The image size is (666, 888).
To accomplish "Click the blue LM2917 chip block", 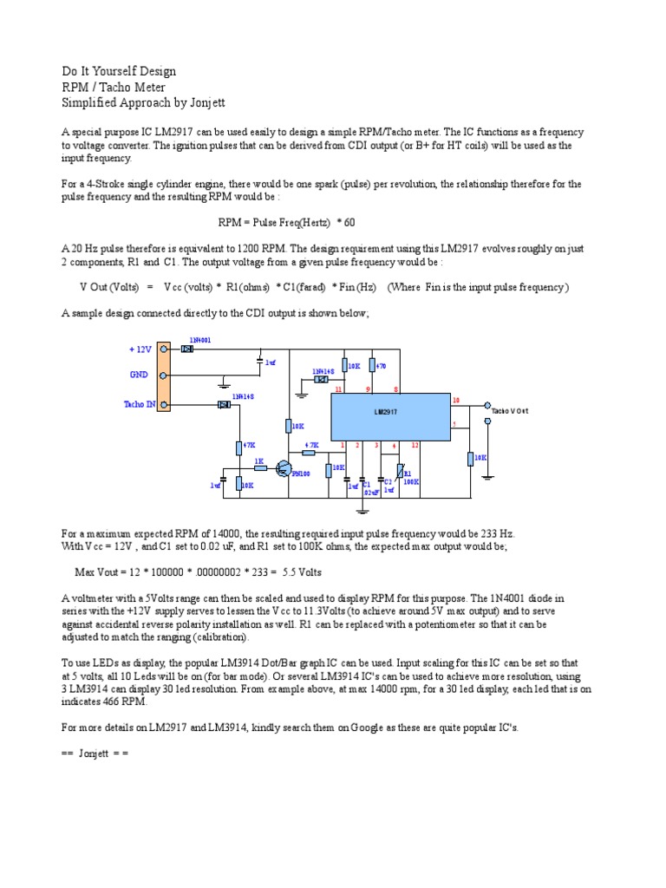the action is point(389,416).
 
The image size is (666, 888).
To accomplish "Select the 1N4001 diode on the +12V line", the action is point(187,349).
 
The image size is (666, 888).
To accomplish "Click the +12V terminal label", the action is point(140,349).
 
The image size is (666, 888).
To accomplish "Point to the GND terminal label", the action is point(139,375).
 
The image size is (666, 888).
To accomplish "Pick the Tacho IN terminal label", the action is point(140,404).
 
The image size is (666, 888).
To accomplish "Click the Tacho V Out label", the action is point(510,410).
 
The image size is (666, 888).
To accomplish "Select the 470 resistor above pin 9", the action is point(372,366).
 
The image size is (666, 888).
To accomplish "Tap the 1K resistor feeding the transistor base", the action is point(258,468).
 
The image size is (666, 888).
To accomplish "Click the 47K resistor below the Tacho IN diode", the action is point(238,447).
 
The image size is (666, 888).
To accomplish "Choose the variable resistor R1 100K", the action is point(400,471).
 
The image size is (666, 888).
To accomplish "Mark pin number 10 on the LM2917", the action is point(456,400).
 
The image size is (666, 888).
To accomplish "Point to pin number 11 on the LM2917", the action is point(338,390).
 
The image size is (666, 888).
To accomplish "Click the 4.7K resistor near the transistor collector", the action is point(310,452).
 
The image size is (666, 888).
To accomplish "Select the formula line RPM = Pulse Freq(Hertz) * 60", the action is point(286,223).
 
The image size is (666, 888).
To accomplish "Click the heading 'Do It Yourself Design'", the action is point(119,71).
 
